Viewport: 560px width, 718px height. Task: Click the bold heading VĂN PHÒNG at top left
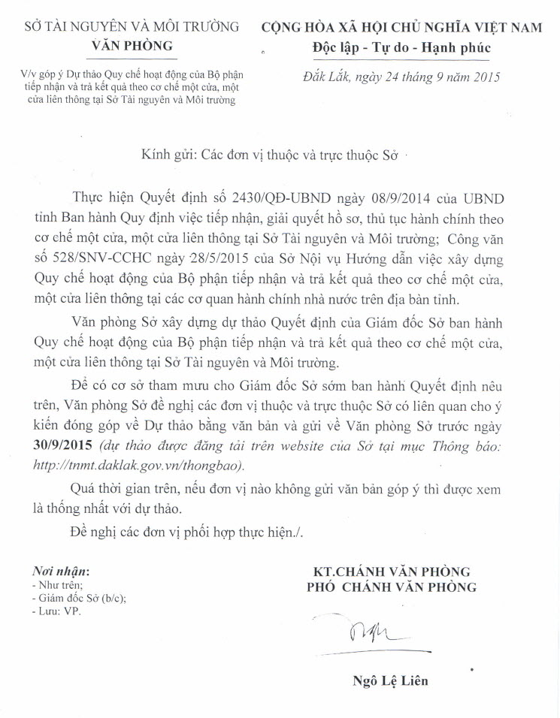132,45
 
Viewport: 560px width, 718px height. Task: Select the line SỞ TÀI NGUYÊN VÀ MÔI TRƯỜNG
132,26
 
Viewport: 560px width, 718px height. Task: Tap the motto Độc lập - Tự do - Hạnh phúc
401,47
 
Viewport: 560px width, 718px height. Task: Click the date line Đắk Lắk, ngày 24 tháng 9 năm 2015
401,76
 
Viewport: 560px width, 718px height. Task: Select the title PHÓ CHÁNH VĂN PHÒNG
390,587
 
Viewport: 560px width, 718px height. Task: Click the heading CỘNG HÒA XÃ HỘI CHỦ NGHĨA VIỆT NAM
401,27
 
